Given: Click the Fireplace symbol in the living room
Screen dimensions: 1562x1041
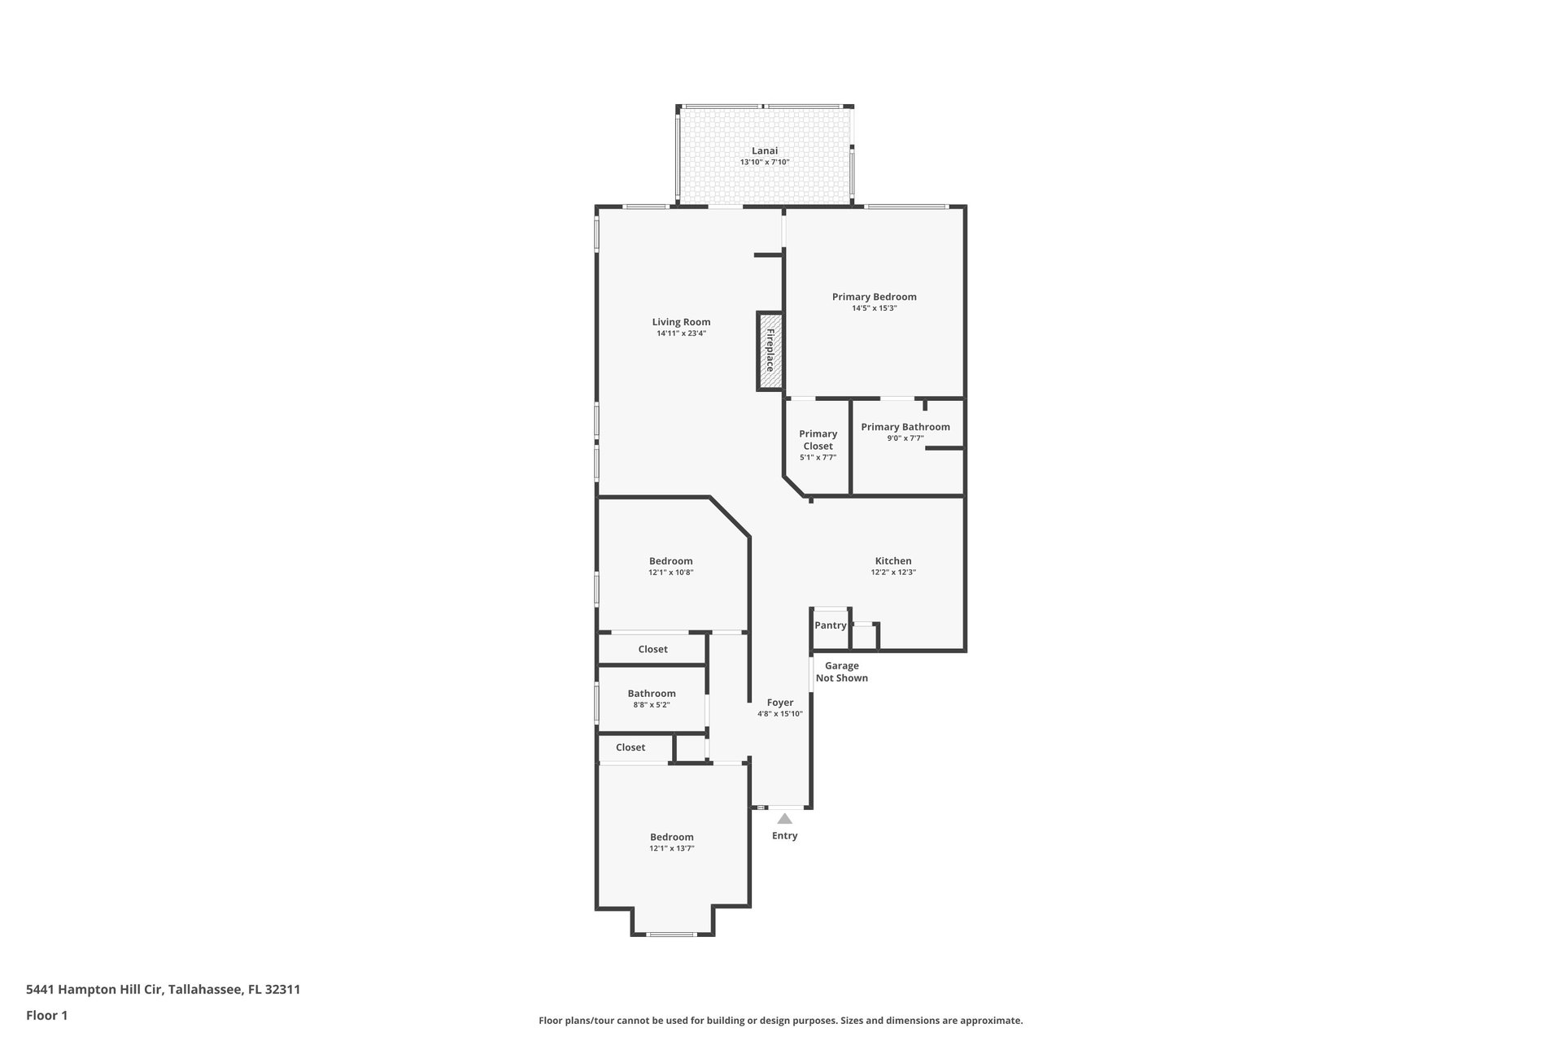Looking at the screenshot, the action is tap(770, 351).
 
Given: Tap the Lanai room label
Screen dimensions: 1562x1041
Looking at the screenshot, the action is tap(765, 150).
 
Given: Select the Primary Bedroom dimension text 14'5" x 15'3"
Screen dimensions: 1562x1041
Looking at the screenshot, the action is tap(875, 308).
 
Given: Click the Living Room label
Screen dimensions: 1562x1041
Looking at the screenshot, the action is tap(681, 322).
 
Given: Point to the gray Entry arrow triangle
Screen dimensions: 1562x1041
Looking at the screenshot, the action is tap(784, 819).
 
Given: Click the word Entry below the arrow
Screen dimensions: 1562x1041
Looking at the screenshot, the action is tap(785, 836).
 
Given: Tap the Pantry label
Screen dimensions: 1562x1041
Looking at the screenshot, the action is tap(831, 625).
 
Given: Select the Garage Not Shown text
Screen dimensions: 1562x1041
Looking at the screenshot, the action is tap(842, 672).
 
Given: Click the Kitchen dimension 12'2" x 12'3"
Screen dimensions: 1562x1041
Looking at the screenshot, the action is tap(893, 573).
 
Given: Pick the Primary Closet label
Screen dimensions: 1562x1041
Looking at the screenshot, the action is tap(818, 440).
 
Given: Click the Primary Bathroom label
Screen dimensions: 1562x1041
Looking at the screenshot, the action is tap(905, 427).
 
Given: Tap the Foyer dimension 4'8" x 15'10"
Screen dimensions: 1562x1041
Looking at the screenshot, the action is tap(780, 714).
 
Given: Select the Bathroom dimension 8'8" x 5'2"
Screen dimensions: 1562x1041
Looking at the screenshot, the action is tap(652, 705).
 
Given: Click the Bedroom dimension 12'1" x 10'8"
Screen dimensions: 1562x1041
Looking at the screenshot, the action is tap(671, 573).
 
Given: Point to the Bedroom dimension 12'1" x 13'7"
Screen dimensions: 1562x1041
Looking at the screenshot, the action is tap(672, 849).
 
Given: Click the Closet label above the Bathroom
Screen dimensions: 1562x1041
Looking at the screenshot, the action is tap(652, 649).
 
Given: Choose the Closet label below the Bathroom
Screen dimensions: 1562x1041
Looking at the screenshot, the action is tap(630, 747).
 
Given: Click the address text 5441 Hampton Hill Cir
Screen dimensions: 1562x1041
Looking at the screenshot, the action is tap(94, 990).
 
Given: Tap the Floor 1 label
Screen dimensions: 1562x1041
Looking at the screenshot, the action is tap(47, 1015).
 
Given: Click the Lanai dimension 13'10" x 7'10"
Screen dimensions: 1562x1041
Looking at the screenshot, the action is tap(765, 163).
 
